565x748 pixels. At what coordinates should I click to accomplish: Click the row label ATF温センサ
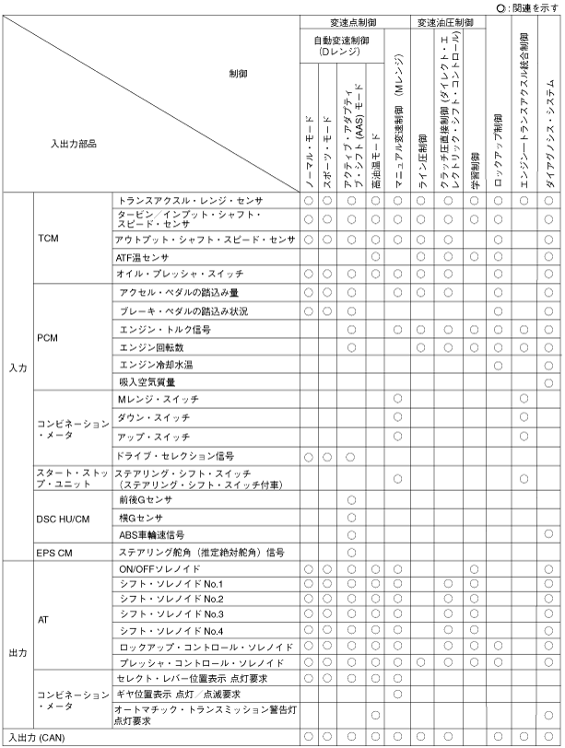pos(144,256)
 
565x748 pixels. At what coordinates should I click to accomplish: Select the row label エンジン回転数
pos(152,346)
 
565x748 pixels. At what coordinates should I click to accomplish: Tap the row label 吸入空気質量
pos(149,380)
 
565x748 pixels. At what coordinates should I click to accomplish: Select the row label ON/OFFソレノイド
pos(153,568)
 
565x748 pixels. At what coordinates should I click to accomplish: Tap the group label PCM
pos(50,337)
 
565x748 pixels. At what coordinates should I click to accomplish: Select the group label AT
pos(44,619)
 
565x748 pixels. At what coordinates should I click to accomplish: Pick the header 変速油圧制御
pos(444,21)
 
